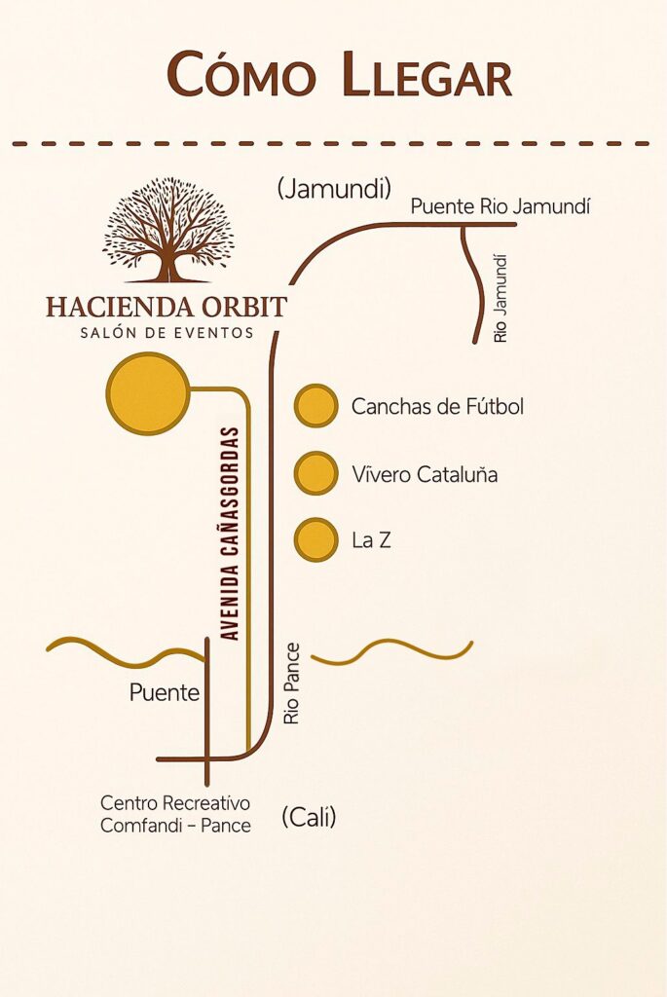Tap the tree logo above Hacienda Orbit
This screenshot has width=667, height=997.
[168, 230]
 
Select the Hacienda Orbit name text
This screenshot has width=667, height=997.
[167, 307]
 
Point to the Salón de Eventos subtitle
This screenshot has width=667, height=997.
[167, 333]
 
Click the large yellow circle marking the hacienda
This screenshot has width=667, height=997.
[148, 393]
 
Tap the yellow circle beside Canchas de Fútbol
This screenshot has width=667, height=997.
[316, 406]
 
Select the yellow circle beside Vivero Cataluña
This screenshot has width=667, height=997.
[316, 473]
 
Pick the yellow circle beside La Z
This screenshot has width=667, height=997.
[316, 539]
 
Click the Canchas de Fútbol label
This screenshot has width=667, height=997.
[437, 406]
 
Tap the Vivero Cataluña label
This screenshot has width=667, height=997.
[425, 474]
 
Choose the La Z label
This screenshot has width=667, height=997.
[371, 540]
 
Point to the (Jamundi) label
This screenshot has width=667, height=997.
[334, 188]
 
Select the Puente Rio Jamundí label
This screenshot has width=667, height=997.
[500, 206]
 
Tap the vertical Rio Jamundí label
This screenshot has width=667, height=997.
[501, 299]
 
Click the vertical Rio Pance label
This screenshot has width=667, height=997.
[291, 683]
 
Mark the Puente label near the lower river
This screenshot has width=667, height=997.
[164, 692]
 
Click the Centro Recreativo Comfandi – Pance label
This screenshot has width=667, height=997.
[175, 814]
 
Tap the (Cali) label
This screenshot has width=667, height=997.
[309, 817]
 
